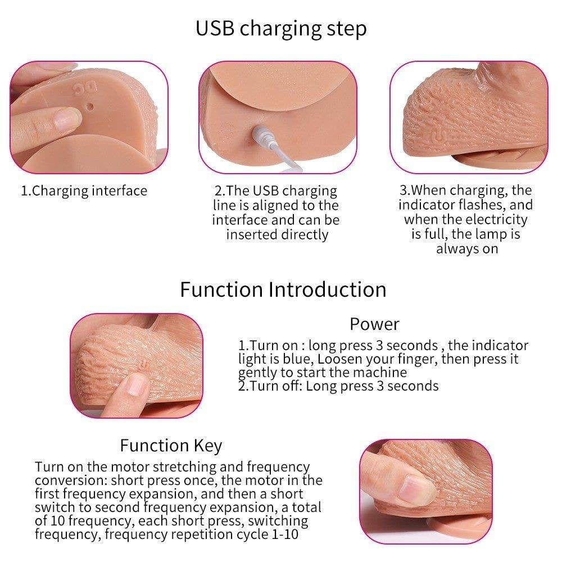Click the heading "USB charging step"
click(x=281, y=29)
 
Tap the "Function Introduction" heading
click(x=283, y=289)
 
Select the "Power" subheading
click(x=374, y=324)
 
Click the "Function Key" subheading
click(x=171, y=446)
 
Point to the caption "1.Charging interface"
click(x=84, y=191)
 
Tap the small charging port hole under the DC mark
click(x=90, y=106)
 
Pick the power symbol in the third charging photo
click(x=436, y=137)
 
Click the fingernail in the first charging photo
click(x=66, y=119)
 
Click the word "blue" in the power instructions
click(x=296, y=359)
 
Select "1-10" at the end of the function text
click(x=285, y=534)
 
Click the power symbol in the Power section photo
click(x=144, y=365)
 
